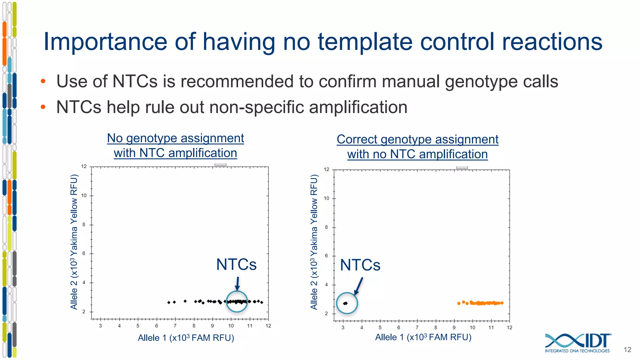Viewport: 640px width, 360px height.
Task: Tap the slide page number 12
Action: (627, 350)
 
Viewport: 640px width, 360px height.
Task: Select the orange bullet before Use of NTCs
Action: (43, 82)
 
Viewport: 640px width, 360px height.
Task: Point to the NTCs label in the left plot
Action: (236, 265)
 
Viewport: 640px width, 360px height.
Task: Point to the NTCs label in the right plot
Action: (360, 265)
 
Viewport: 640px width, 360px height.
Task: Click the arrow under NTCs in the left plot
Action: (237, 284)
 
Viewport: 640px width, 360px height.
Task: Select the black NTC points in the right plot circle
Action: (345, 303)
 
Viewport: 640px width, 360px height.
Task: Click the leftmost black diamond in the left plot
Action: (169, 302)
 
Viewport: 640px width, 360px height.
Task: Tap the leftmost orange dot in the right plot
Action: (459, 303)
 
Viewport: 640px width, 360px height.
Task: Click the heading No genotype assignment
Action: (175, 138)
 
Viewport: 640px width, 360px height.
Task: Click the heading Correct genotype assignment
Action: (417, 139)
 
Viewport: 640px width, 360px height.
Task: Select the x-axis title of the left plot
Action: (186, 338)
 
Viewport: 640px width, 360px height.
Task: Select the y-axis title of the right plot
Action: (314, 242)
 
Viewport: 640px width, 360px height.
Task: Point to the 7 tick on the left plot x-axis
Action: (175, 326)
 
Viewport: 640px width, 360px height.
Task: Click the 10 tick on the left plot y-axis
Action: (84, 196)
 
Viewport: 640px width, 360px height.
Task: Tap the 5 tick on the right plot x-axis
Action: (380, 327)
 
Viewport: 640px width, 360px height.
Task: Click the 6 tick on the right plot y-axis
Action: (326, 256)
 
